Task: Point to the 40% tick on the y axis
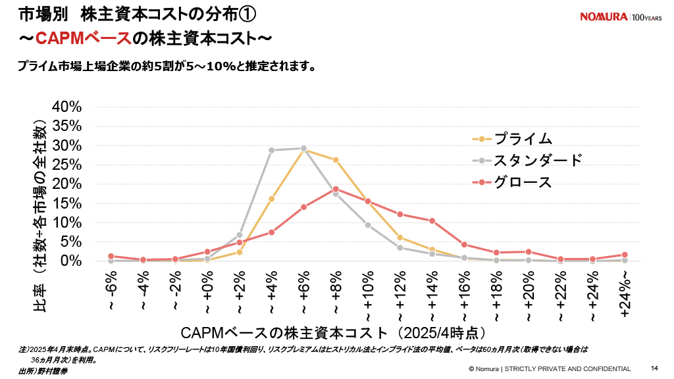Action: pos(66,107)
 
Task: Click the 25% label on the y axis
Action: pos(66,164)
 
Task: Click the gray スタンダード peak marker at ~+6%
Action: pos(303,149)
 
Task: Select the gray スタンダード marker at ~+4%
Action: pos(271,150)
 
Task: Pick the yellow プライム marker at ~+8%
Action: pos(336,160)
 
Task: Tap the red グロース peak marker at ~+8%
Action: pos(336,189)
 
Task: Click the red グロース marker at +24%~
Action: pos(625,255)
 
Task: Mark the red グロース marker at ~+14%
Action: pos(432,221)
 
